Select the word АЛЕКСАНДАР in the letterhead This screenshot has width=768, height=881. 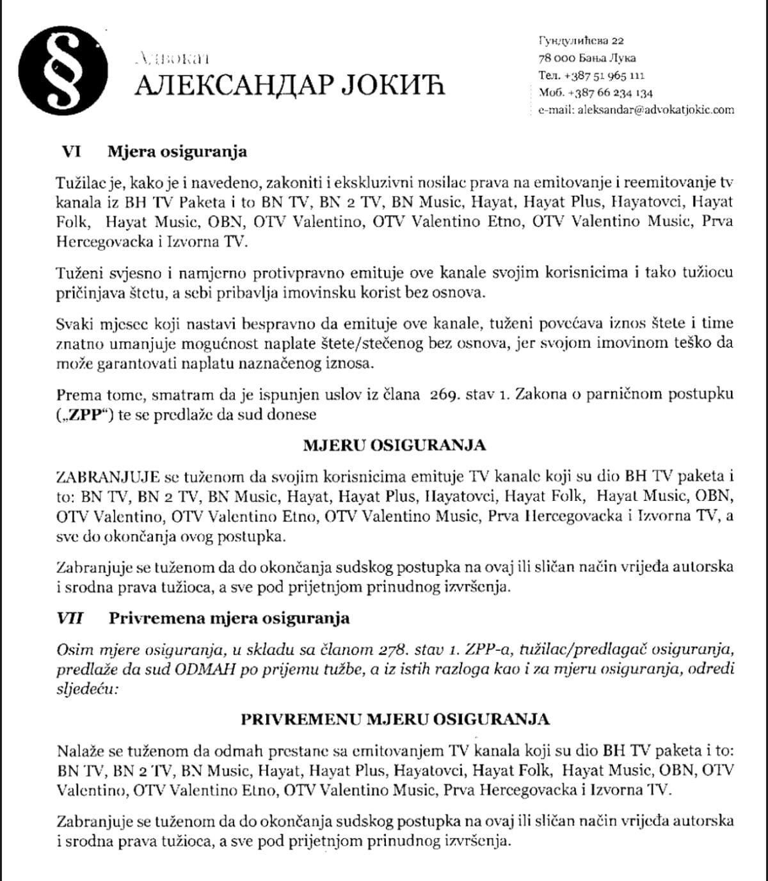click(234, 85)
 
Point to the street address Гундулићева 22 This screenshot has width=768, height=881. click(581, 41)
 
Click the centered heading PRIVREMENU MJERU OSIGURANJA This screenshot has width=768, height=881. click(395, 719)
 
